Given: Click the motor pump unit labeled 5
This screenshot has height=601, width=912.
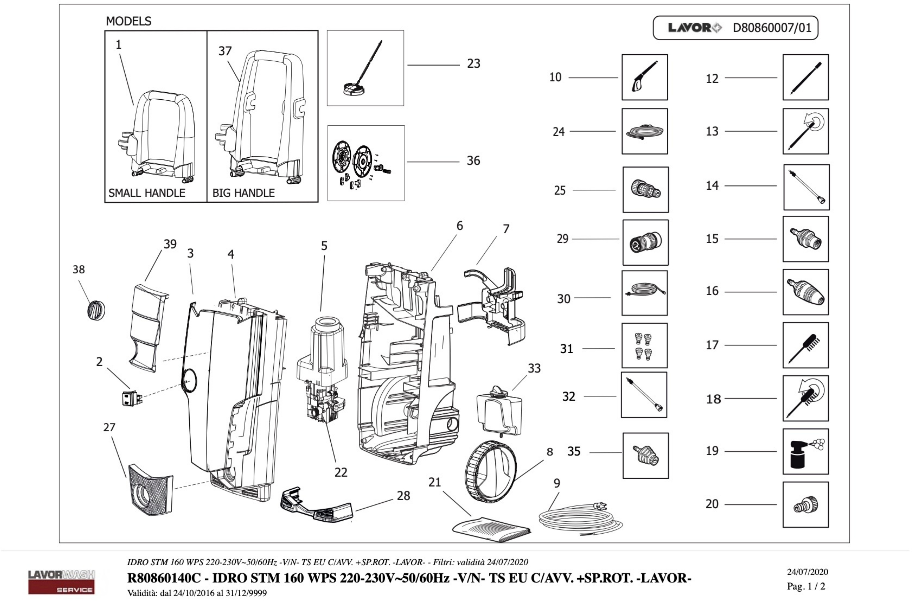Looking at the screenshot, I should [322, 368].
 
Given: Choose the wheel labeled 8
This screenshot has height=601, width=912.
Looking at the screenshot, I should [491, 472].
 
